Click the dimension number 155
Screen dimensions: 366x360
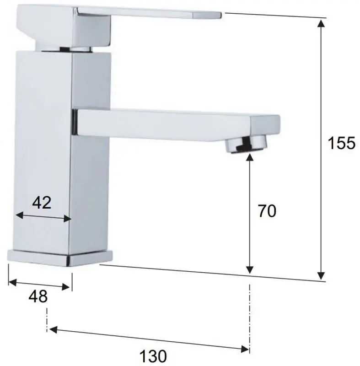[x=341, y=143]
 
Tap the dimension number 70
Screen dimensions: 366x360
[x=267, y=211]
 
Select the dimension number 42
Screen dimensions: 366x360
[x=42, y=202]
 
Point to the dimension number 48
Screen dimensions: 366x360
[x=38, y=296]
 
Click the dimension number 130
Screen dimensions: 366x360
[x=153, y=355]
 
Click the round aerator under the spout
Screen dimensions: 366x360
[x=247, y=144]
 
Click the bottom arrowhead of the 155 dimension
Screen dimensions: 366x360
[x=322, y=274]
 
